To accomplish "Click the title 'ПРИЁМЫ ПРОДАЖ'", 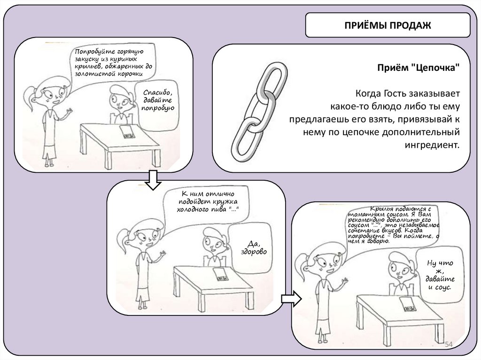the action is click(x=388, y=25).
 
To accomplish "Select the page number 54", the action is click(x=448, y=345).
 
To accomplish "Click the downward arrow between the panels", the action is click(x=151, y=180).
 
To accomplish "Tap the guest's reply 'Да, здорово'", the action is click(x=256, y=247).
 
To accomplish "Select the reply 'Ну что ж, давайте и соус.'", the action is click(x=440, y=275).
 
